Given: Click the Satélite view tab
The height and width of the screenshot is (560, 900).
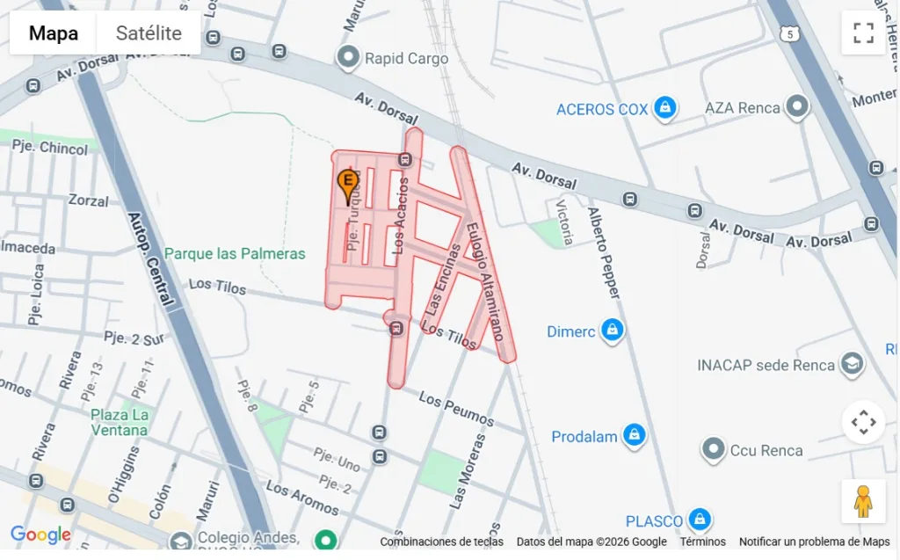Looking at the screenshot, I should click(149, 33).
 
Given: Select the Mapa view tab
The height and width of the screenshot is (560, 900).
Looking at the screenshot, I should click(53, 33).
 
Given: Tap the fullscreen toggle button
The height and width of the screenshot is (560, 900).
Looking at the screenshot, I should click(863, 33).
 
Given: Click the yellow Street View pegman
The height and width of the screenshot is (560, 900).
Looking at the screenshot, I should click(863, 502).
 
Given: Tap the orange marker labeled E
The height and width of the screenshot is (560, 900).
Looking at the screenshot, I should click(347, 185).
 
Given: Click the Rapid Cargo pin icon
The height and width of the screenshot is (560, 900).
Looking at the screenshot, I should click(349, 59).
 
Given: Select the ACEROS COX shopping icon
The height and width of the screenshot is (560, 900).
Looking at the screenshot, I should click(665, 109).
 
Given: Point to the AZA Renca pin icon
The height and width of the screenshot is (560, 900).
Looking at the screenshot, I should click(797, 107).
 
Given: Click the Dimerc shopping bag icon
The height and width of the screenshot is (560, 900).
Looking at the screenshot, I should click(612, 331).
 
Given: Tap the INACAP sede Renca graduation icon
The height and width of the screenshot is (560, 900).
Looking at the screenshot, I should click(852, 364).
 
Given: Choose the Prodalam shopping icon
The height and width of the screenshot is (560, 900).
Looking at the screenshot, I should click(634, 435).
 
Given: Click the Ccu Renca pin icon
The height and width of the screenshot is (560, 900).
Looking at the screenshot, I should click(713, 450).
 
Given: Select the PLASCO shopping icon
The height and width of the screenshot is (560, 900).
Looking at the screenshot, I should click(699, 520).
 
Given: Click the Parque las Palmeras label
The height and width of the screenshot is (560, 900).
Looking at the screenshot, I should click(235, 254).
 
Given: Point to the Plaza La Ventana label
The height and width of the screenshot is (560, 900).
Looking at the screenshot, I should click(119, 422).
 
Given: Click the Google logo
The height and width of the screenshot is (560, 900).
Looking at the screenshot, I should click(40, 535).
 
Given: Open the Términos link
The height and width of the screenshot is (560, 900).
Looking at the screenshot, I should click(702, 542).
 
